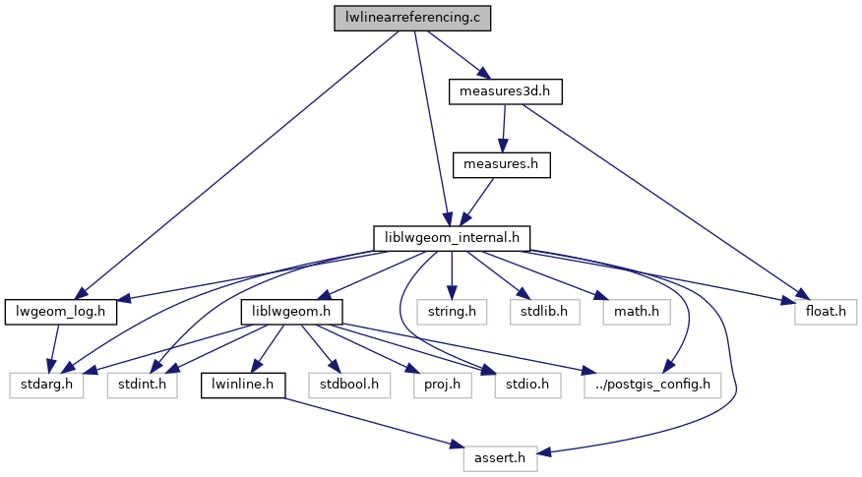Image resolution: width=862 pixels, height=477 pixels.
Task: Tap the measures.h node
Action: (500, 164)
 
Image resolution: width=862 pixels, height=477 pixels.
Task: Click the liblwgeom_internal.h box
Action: (452, 238)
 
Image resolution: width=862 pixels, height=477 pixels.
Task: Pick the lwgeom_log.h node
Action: (61, 312)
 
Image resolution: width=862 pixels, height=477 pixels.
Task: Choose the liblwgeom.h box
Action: (291, 312)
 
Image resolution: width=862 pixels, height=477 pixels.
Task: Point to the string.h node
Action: (451, 312)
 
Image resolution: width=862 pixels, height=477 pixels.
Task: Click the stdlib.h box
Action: (544, 312)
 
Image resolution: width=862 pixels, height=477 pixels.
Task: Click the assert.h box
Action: (500, 456)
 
